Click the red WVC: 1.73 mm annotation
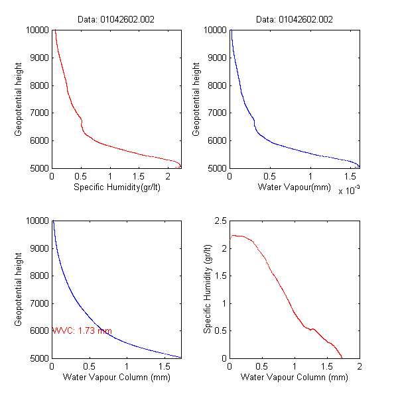coord(82,330)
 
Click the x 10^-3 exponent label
coord(349,191)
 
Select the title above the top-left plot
coord(117,20)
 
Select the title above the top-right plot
coord(295,20)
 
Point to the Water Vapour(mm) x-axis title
coord(295,187)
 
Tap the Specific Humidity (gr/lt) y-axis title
coord(207,289)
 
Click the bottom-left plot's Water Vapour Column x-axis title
coord(117,378)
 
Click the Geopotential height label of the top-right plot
coord(197,99)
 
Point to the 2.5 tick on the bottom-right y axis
coord(220,221)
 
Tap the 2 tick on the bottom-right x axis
coord(360,366)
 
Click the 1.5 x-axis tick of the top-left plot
coord(138,177)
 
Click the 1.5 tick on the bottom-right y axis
coord(220,276)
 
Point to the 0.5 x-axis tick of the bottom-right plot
coord(262,366)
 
